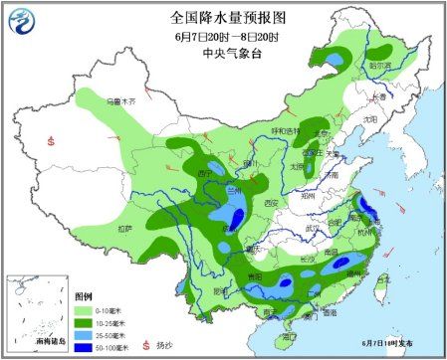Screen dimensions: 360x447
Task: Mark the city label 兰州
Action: [234, 189]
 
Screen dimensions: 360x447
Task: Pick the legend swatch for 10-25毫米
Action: [86, 324]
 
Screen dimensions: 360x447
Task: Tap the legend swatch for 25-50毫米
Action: [86, 336]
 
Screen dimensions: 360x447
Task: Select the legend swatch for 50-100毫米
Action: [86, 348]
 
